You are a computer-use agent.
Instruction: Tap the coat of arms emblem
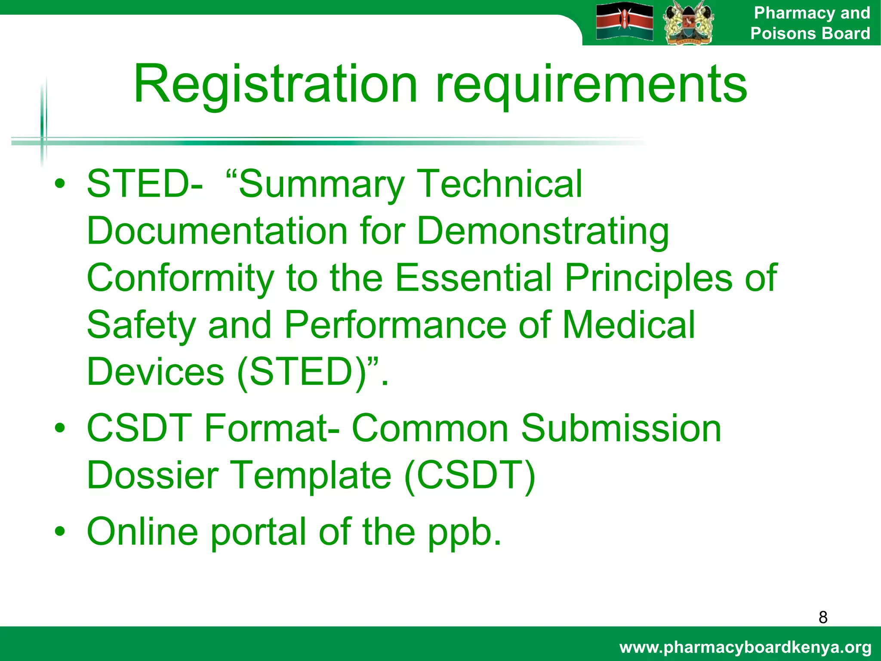coord(688,22)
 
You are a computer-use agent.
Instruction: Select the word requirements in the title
coord(591,85)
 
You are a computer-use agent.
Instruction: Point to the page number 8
coord(822,617)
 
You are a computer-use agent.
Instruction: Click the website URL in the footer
coord(745,647)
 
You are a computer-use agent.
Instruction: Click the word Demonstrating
coord(543,232)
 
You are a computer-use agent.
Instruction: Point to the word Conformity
coord(180,278)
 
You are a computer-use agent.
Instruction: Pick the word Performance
coord(395,325)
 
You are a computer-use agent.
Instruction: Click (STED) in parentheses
coord(304,372)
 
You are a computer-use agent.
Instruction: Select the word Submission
coord(621,429)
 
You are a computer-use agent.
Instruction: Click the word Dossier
coord(153,475)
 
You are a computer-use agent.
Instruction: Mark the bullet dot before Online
coord(60,531)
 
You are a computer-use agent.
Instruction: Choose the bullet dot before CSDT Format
coord(60,429)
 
